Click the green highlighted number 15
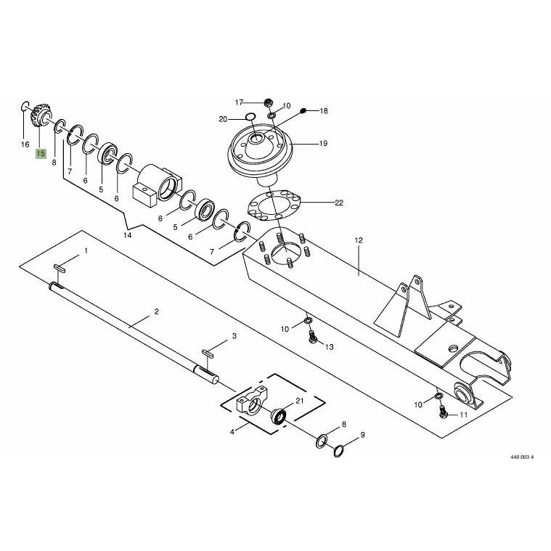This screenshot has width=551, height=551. tap(41, 154)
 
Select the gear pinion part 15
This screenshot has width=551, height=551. tap(41, 115)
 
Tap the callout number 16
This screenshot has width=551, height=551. tap(25, 144)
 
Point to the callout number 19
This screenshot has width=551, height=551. tap(323, 143)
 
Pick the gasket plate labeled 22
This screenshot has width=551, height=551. tap(274, 206)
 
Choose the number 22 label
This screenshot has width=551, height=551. tap(339, 203)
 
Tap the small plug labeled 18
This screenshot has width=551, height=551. tap(304, 111)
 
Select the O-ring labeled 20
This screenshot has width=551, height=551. tap(250, 116)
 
